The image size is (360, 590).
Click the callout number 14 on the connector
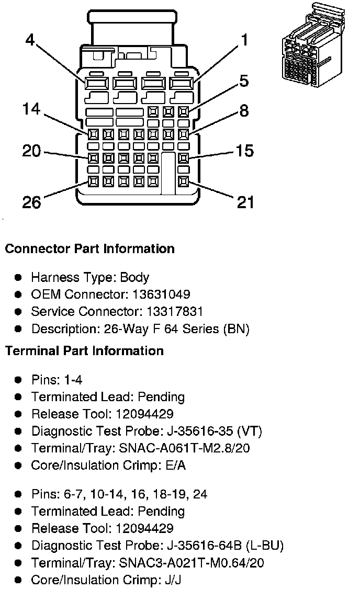[x=32, y=109]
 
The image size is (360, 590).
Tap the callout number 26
[x=32, y=202]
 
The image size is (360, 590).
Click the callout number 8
[x=244, y=111]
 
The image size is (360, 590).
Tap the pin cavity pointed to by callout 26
[x=93, y=181]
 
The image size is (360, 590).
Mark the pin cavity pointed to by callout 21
[x=183, y=181]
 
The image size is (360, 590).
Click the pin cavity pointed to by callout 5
[x=183, y=111]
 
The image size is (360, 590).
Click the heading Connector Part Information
[x=89, y=248]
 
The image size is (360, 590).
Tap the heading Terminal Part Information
[x=84, y=350]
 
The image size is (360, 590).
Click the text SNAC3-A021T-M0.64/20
[x=192, y=563]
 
